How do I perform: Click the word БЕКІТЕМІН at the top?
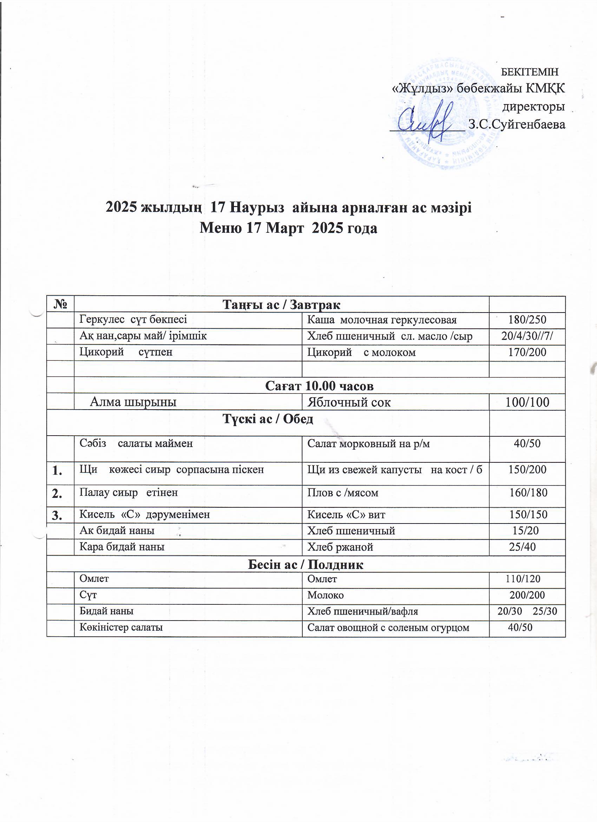click(529, 72)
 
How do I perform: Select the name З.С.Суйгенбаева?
click(517, 124)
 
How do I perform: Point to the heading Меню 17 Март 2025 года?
click(289, 228)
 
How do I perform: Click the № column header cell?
click(60, 304)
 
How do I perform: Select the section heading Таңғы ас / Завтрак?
click(281, 304)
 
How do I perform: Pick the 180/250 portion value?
click(527, 320)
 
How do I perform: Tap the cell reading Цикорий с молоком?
click(361, 352)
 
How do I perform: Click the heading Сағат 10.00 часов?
click(319, 386)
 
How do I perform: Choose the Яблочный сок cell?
click(349, 402)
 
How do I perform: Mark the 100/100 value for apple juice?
click(527, 402)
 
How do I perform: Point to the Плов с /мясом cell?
click(342, 493)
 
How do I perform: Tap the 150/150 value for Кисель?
click(528, 515)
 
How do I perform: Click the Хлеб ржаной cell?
click(340, 547)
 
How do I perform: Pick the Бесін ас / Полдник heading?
click(306, 564)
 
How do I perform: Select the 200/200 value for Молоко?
click(527, 595)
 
